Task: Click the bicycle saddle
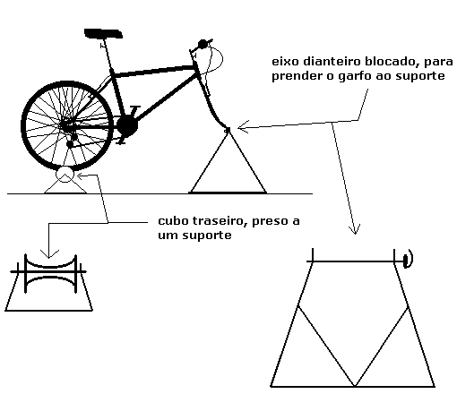(103, 33)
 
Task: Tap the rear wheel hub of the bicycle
(65, 125)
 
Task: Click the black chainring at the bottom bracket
(127, 126)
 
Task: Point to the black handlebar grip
(203, 44)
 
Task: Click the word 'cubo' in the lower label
(173, 221)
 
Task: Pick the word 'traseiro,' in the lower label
(220, 221)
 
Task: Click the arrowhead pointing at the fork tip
(243, 127)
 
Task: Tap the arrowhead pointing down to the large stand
(355, 229)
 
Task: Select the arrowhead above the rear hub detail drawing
(49, 254)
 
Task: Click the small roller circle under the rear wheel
(65, 175)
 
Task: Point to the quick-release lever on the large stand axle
(408, 259)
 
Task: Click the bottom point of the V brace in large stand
(355, 386)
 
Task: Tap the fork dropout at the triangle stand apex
(228, 130)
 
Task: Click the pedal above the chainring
(135, 107)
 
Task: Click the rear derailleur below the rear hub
(71, 141)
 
